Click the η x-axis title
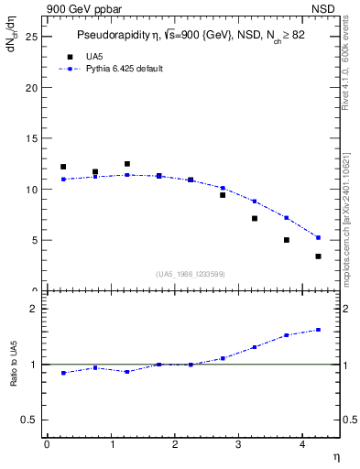(335, 455)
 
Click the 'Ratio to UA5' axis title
(14, 379)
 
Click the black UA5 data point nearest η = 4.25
(318, 256)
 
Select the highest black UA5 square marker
(127, 164)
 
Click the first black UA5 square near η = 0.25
(63, 167)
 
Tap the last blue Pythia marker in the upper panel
(318, 237)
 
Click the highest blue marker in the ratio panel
(318, 330)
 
